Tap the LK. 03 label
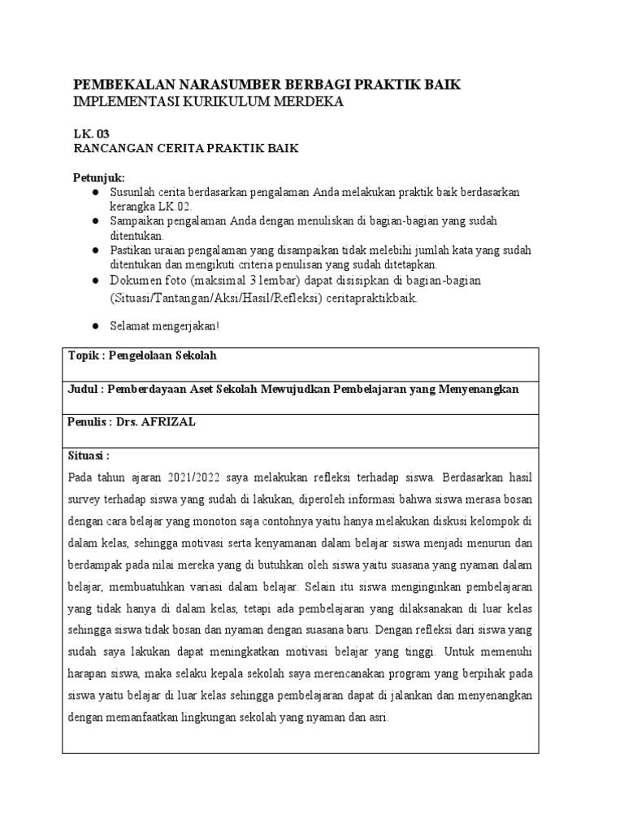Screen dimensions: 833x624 click(x=90, y=133)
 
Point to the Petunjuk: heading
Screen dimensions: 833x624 click(x=99, y=178)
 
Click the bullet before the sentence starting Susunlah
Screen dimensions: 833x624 click(x=95, y=192)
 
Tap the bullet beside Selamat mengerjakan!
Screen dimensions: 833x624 click(x=95, y=325)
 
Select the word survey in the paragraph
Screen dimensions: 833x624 click(x=85, y=499)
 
